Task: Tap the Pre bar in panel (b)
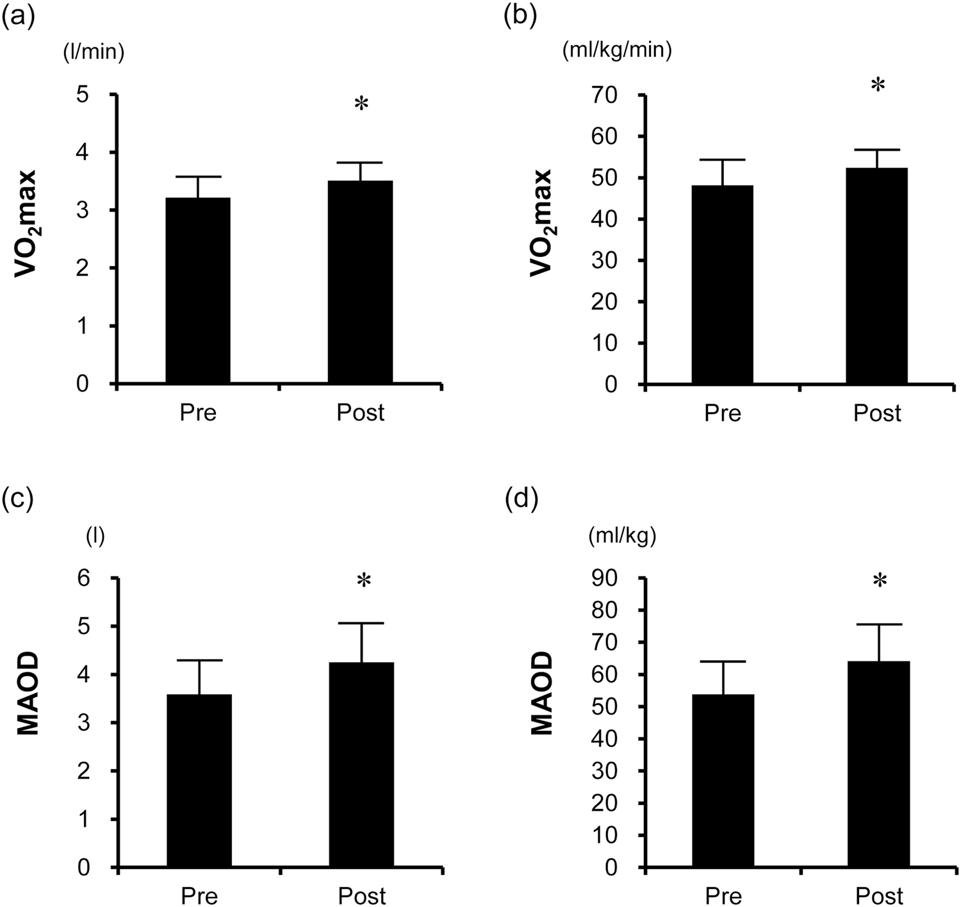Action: [x=722, y=285]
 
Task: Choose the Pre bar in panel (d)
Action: [x=723, y=781]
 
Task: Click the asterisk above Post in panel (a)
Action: [x=361, y=104]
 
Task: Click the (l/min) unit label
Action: [x=94, y=52]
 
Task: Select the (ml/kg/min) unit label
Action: [x=617, y=51]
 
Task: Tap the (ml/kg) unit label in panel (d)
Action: [x=622, y=537]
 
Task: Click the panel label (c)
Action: [x=17, y=498]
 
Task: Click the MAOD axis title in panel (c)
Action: [x=28, y=694]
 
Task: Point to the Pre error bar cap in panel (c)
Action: [x=199, y=660]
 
